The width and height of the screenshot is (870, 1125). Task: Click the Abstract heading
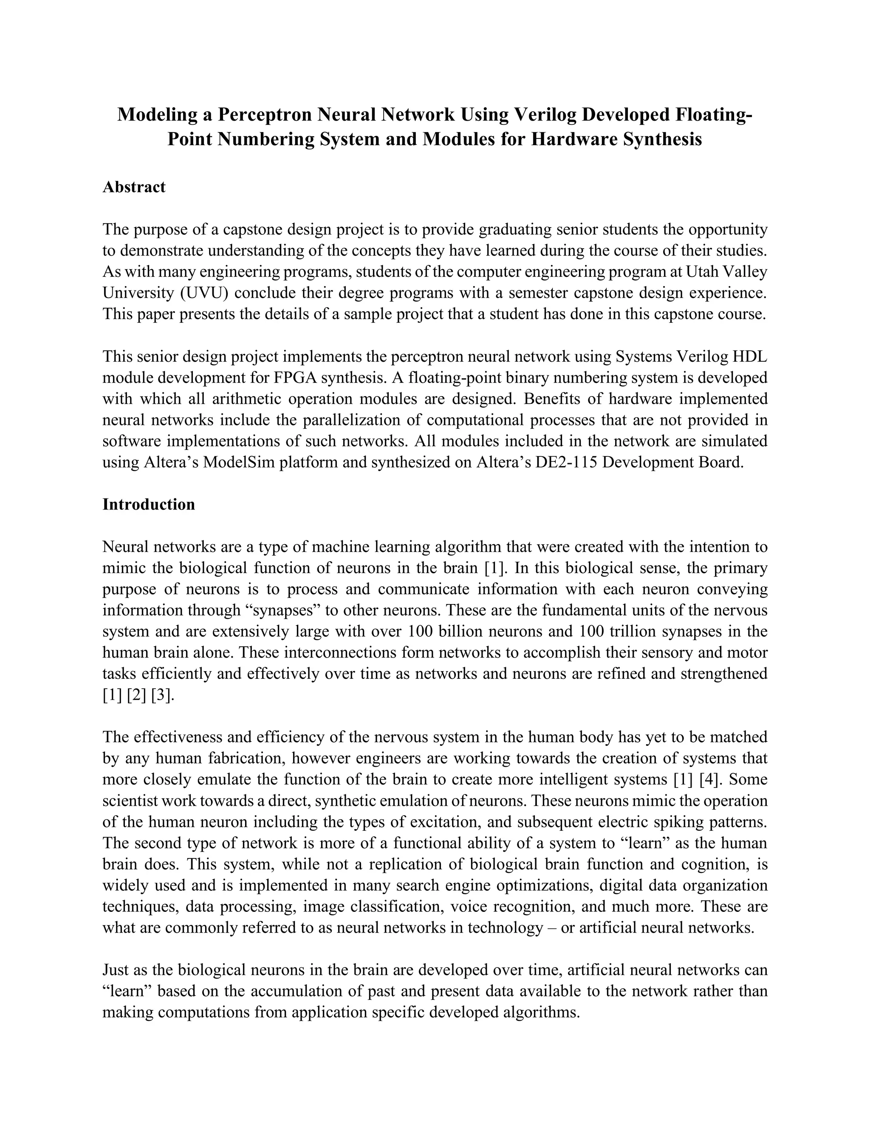[133, 187]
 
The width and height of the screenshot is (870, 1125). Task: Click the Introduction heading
[148, 504]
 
